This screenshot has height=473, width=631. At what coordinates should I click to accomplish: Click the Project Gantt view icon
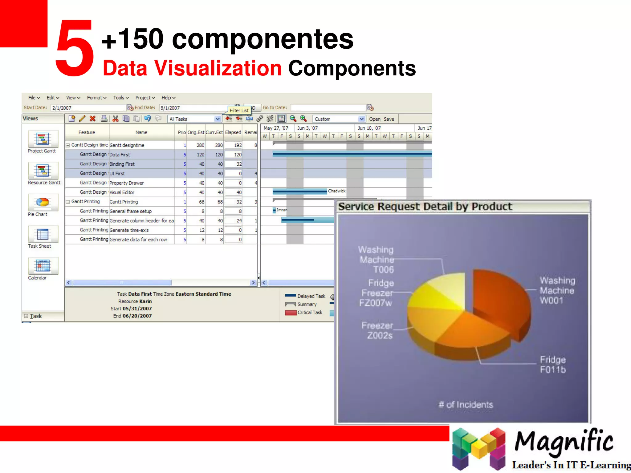pos(43,139)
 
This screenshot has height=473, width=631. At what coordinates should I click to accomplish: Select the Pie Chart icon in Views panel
pos(43,202)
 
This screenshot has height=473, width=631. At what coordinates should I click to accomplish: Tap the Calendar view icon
pos(43,265)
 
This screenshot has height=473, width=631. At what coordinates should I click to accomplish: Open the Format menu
pos(96,98)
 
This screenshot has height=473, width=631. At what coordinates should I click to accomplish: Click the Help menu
pos(168,98)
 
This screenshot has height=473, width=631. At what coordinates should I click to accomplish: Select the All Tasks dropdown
pos(194,119)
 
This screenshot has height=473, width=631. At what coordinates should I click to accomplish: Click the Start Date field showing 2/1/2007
pos(88,108)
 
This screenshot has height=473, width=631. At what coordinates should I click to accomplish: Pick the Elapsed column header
pos(233,132)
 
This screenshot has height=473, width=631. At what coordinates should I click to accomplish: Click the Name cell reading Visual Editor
pos(122,192)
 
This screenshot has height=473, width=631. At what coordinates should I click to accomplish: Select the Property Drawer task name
pos(127,183)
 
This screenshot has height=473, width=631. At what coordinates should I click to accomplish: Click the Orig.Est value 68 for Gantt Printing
pos(202,202)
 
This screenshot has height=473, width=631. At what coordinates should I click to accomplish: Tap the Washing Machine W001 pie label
pos(557,290)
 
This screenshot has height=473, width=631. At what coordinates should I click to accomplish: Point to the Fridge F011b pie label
pos(553,365)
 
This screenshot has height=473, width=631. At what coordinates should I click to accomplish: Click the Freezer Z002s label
pos(378,330)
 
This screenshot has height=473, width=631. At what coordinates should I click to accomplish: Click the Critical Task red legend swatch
pos(291,313)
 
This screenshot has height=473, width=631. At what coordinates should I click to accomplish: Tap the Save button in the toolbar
pos(389,119)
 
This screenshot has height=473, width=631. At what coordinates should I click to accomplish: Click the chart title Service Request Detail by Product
pos(425,207)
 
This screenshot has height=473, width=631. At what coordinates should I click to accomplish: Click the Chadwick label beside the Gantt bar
pos(337,191)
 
